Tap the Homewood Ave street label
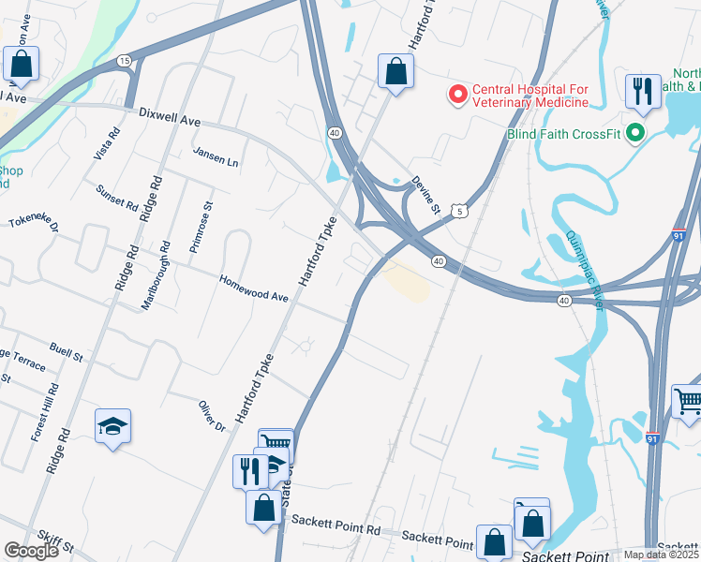(x=254, y=288)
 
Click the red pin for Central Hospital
(x=458, y=95)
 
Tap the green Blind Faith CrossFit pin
(x=635, y=133)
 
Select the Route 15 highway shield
(x=124, y=61)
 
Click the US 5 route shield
(x=458, y=213)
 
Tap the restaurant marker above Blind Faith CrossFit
(x=642, y=92)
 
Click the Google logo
(x=31, y=550)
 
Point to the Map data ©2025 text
(x=661, y=555)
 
